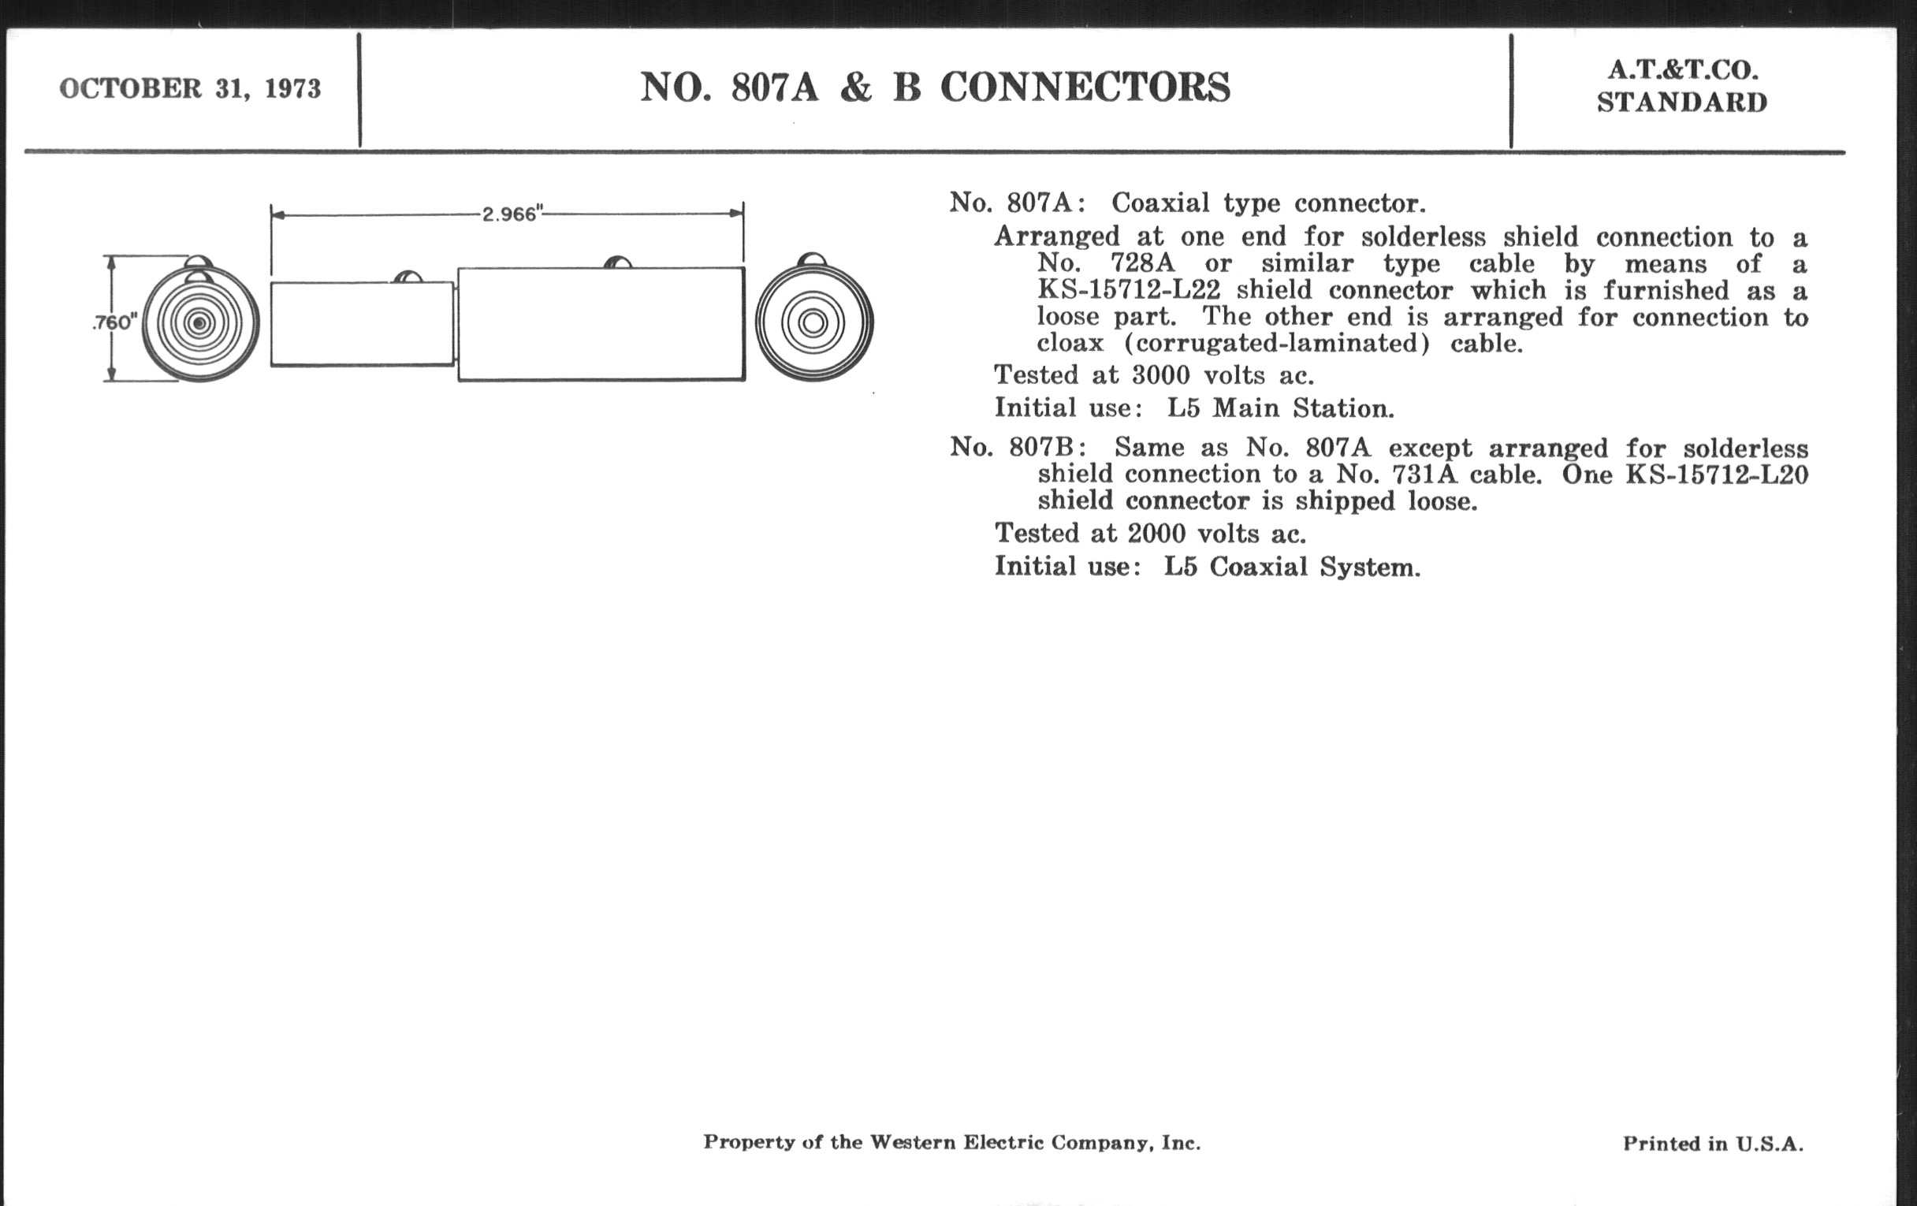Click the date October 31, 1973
tap(189, 88)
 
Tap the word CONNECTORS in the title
tap(1085, 87)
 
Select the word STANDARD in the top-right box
tap(1682, 102)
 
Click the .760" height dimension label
tap(114, 322)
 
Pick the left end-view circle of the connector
tap(201, 322)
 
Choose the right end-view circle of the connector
tap(813, 322)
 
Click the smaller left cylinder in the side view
tap(363, 324)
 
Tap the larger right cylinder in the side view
tap(601, 324)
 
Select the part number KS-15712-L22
tap(1129, 290)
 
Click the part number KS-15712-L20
tap(1716, 475)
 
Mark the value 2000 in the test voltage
tap(1156, 533)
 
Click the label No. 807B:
tap(1018, 448)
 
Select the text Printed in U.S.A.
tap(1713, 1144)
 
